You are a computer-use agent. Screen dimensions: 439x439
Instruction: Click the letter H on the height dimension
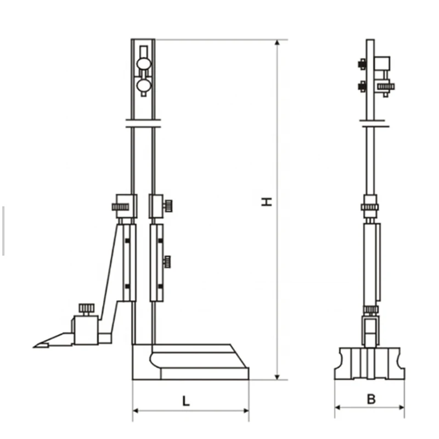click(267, 201)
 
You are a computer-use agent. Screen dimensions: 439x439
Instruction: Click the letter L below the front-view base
click(186, 401)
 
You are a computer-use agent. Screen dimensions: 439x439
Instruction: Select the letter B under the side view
click(372, 399)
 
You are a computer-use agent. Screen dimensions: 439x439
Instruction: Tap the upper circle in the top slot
click(143, 63)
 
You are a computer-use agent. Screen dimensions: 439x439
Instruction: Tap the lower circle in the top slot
click(144, 85)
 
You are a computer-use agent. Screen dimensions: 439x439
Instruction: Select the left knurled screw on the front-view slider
click(120, 207)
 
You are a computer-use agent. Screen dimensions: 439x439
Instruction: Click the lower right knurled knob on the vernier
click(167, 262)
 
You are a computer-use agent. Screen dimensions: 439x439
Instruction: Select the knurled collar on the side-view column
click(370, 207)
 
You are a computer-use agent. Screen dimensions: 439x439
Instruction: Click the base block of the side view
click(369, 363)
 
